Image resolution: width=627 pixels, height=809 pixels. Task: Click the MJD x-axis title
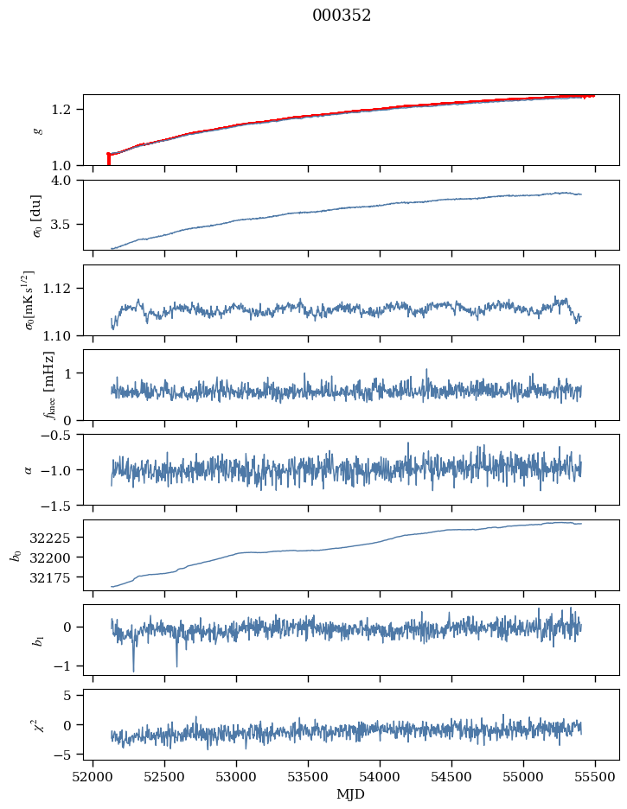(x=351, y=794)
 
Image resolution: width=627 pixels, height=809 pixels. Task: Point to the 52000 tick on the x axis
(x=93, y=776)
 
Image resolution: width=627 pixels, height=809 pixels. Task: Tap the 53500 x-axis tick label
(x=308, y=776)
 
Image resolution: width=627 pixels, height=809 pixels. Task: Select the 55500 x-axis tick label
(x=594, y=776)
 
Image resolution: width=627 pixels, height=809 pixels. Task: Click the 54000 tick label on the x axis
(x=380, y=776)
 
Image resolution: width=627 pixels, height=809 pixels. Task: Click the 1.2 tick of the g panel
(x=69, y=110)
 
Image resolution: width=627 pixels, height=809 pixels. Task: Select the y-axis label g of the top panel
(x=37, y=131)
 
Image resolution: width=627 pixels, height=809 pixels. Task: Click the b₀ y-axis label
(x=15, y=555)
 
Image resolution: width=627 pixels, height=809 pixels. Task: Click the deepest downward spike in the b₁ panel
(x=133, y=670)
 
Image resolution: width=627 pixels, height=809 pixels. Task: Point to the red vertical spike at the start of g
(x=108, y=159)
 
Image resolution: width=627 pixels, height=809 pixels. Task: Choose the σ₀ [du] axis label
(x=37, y=215)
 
